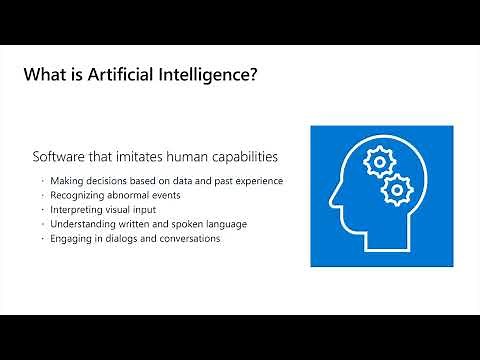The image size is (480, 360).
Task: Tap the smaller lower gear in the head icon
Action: [x=397, y=187]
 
